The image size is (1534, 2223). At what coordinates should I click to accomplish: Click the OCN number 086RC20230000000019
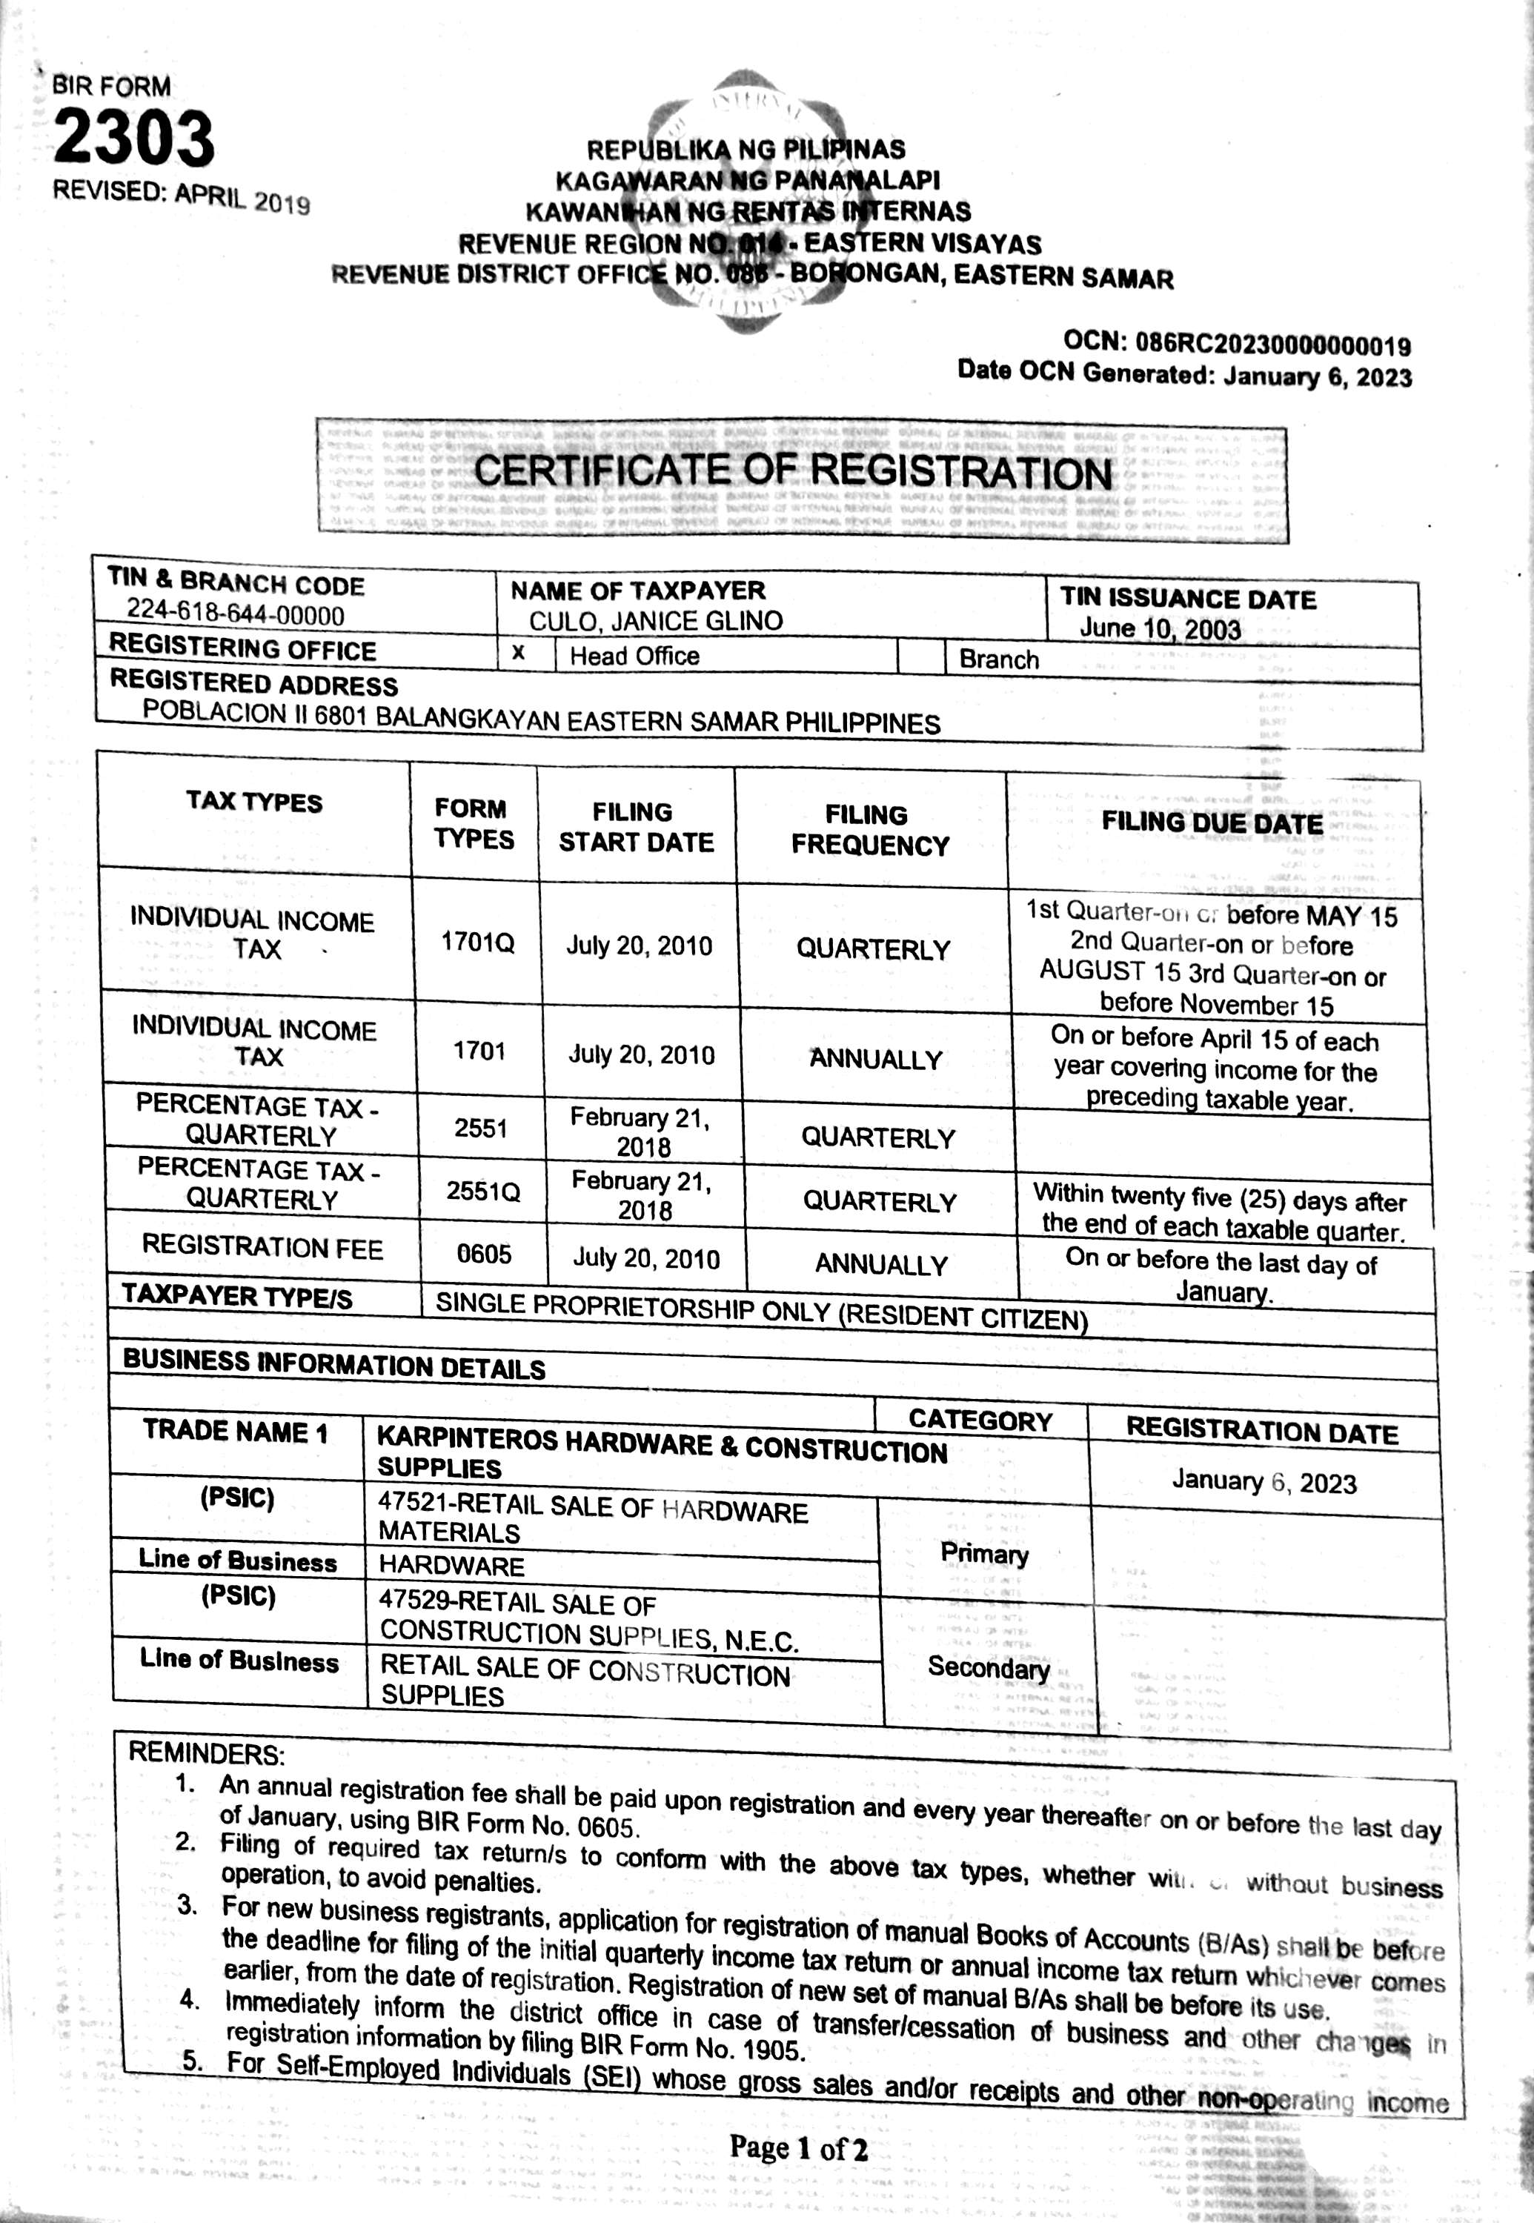pos(1272,344)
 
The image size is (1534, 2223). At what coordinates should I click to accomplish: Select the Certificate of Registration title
pos(793,473)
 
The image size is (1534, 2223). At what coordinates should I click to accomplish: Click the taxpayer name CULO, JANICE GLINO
pos(656,621)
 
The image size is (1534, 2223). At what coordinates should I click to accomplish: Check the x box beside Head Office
pos(519,654)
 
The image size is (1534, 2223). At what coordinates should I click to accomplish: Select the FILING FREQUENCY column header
pos(870,831)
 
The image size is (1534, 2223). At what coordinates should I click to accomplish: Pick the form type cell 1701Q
pos(478,943)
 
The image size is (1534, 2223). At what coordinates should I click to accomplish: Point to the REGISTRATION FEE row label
pos(262,1248)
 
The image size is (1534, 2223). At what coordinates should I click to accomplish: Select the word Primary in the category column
pos(984,1554)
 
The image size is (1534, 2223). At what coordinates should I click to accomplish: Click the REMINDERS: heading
pos(207,1753)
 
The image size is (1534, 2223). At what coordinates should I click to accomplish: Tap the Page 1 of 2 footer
pos(798,2149)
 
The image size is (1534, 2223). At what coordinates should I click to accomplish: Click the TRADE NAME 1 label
pos(236,1432)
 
